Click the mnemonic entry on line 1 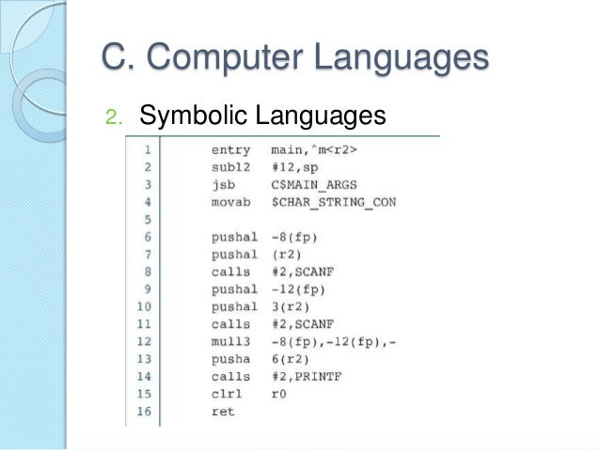pos(230,149)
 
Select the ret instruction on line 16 pos(222,411)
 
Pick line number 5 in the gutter pos(149,219)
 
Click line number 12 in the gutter pos(145,341)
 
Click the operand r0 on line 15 pos(277,394)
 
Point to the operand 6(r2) pos(290,359)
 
